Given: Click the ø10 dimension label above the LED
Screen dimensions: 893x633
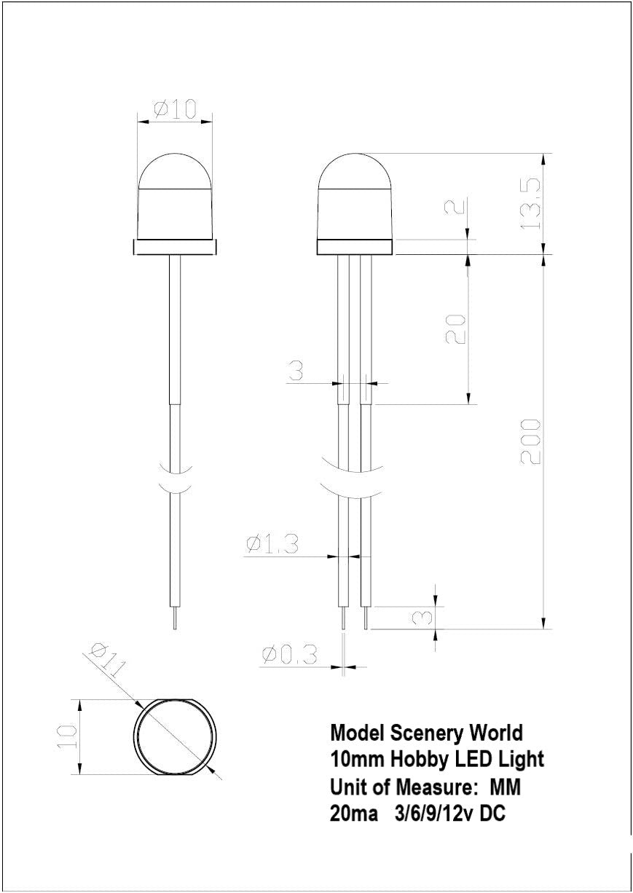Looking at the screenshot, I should coord(176,109).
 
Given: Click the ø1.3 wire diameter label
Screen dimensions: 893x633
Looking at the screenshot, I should coord(272,543).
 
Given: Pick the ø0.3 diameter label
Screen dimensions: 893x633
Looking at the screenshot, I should coord(289,655).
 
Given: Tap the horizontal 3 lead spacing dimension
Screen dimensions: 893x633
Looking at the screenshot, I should coord(296,371).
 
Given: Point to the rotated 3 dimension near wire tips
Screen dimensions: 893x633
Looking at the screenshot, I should coord(422,618).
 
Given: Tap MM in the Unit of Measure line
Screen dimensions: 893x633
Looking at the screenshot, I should coord(505,787).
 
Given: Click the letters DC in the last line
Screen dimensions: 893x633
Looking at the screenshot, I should coord(492,814).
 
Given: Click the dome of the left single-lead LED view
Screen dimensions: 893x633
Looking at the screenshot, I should coord(175,171).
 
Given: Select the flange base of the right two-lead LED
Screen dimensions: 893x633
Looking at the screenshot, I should coord(355,248).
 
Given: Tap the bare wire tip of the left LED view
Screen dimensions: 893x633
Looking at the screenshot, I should coord(174,619).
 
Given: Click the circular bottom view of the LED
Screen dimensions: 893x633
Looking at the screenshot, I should coord(176,736).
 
